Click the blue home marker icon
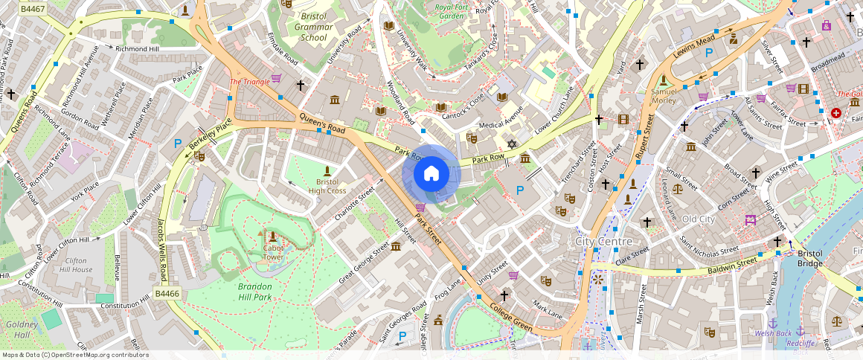click(431, 174)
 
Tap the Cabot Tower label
click(273, 253)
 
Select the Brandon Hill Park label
click(255, 292)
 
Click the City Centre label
click(603, 242)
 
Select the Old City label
click(698, 219)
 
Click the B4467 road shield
click(31, 9)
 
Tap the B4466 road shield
click(167, 295)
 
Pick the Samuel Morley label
click(664, 96)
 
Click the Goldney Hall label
click(16, 330)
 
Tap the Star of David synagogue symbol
click(511, 143)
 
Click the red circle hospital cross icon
click(836, 113)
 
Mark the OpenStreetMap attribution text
click(75, 355)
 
